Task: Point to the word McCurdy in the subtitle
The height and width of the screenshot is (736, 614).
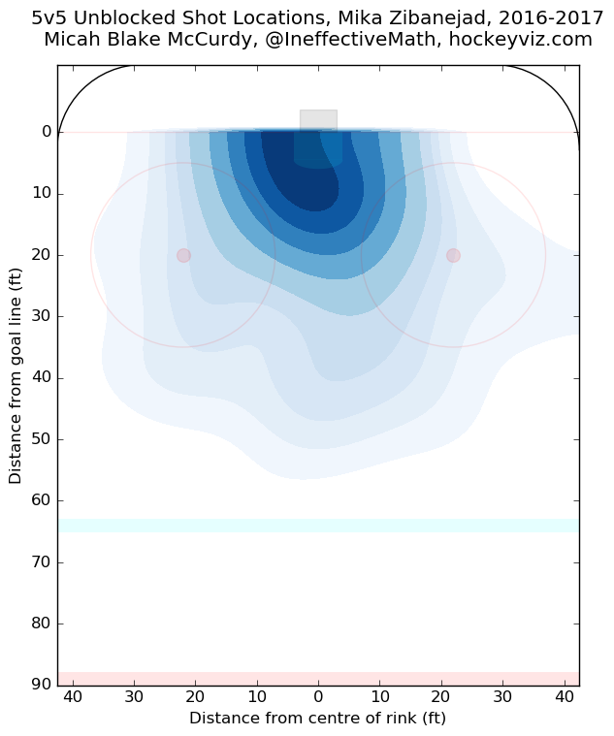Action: [x=217, y=40]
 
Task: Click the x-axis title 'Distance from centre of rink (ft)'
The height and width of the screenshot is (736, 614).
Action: [x=318, y=719]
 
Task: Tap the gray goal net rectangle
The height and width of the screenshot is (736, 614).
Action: [x=318, y=120]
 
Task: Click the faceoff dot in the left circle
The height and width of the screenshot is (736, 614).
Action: [x=183, y=255]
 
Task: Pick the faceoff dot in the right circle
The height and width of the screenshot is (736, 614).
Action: [x=453, y=255]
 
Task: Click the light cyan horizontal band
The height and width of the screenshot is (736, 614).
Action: [x=318, y=526]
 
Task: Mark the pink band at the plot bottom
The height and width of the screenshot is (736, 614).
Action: [x=318, y=679]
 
